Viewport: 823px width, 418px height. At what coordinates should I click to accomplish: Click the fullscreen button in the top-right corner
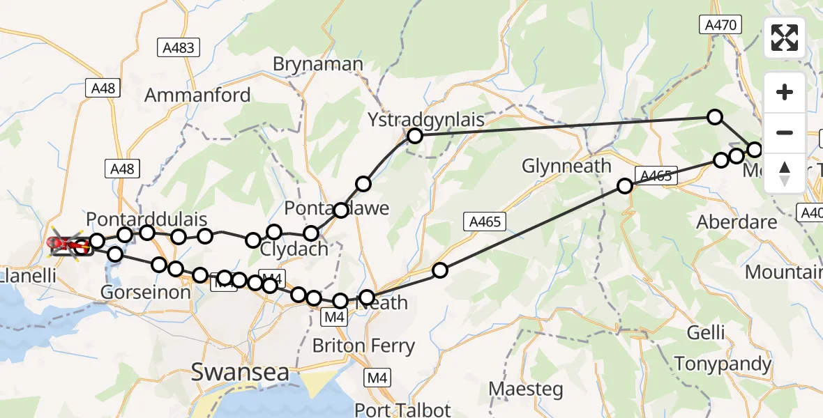[785, 38]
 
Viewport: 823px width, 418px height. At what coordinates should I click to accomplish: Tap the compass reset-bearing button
[785, 173]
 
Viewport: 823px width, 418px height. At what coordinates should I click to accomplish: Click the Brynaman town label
[318, 65]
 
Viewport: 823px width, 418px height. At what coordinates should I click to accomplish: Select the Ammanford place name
[197, 95]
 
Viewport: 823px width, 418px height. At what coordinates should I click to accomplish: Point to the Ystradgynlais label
[426, 120]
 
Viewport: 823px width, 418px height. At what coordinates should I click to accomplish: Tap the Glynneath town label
[566, 167]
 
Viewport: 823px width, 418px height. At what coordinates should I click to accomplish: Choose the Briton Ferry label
[363, 346]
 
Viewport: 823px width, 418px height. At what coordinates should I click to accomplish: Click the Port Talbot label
[403, 410]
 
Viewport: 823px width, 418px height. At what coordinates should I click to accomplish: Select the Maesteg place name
[526, 389]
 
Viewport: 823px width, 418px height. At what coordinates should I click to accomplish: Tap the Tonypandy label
[723, 364]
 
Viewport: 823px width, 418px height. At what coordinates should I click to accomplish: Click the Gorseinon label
[146, 292]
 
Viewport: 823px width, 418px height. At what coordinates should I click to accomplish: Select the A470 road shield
[720, 25]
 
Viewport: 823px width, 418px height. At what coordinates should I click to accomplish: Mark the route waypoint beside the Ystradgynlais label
[415, 136]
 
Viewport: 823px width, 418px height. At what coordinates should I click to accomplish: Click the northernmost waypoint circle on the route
[715, 116]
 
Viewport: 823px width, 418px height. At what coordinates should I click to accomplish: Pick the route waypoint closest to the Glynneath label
[625, 185]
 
